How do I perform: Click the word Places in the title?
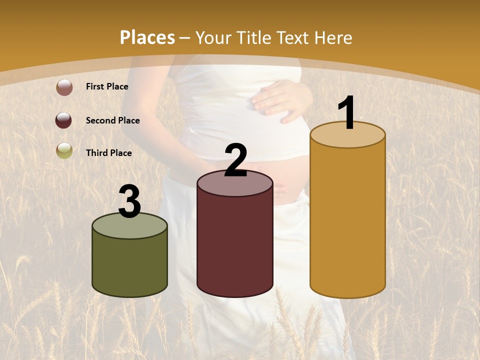(x=147, y=37)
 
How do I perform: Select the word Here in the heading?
(x=334, y=37)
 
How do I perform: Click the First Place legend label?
(x=107, y=86)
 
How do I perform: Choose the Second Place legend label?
(x=112, y=120)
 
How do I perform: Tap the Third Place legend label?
(x=108, y=153)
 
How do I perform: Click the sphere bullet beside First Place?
(x=64, y=87)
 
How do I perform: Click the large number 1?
(x=346, y=114)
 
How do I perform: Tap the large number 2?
(x=235, y=161)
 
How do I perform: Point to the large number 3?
(x=129, y=202)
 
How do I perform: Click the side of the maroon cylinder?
(x=235, y=245)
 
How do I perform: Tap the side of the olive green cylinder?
(x=129, y=267)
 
